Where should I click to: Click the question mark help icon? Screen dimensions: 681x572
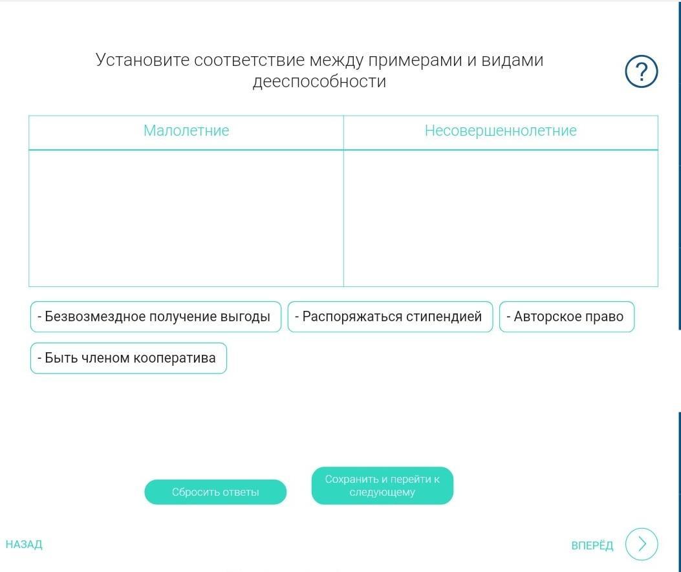click(x=641, y=72)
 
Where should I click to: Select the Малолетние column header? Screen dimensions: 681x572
click(x=186, y=131)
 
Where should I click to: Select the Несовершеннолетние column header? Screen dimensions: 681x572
click(x=501, y=131)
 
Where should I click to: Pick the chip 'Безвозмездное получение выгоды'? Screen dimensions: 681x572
click(x=156, y=317)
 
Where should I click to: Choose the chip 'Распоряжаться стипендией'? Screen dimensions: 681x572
click(x=390, y=317)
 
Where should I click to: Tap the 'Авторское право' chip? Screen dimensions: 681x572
click(x=567, y=317)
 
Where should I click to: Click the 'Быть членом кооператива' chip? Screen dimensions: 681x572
click(x=129, y=358)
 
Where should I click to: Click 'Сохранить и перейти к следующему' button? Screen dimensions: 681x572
click(x=382, y=485)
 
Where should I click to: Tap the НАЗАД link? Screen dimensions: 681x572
click(x=24, y=544)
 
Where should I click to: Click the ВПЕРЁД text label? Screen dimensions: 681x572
click(x=592, y=545)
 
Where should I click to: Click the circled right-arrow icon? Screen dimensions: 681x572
click(x=642, y=544)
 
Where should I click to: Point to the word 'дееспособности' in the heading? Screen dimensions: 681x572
click(x=319, y=81)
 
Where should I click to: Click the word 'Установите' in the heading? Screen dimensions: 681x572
click(x=142, y=60)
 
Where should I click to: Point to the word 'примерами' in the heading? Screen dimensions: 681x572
click(x=415, y=61)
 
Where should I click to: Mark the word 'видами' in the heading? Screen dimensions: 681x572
click(x=512, y=60)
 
